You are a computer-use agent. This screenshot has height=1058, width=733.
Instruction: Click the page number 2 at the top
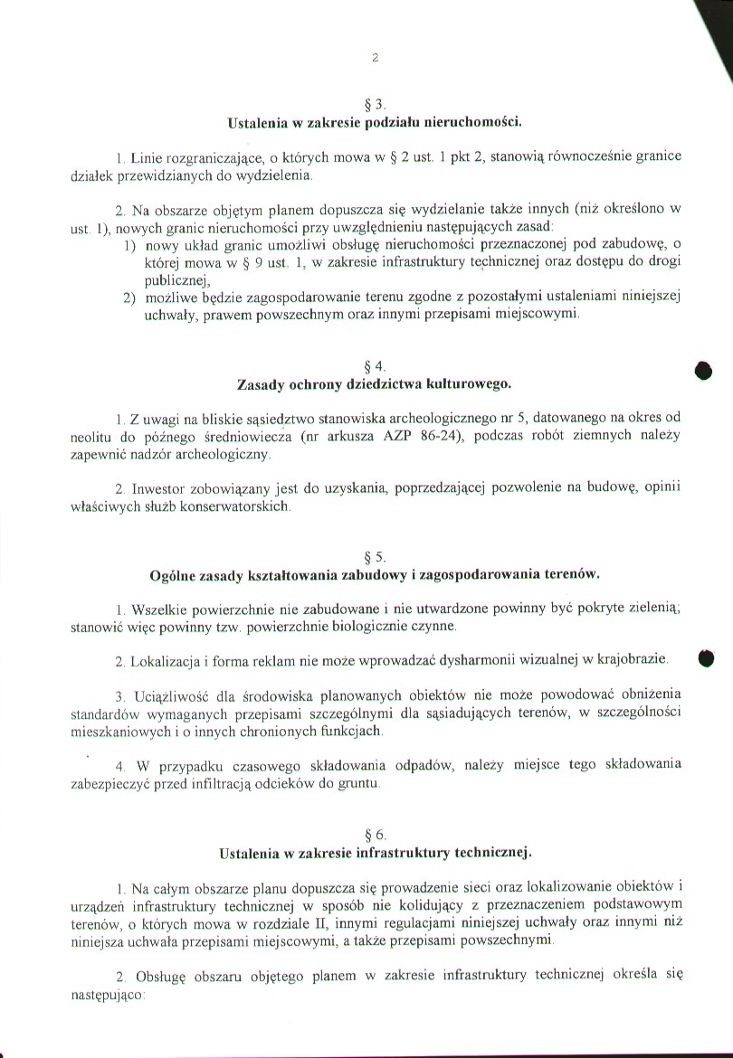coord(375,58)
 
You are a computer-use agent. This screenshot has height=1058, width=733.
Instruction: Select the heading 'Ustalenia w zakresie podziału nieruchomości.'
coord(376,120)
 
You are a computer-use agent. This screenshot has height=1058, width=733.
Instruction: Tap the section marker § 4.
coord(375,366)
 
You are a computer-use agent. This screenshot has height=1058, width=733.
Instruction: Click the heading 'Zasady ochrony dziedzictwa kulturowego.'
coord(375,383)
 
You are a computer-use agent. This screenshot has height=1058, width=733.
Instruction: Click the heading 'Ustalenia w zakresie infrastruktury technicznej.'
coord(376,852)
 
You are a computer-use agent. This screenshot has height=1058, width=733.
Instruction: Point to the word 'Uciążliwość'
coord(172,695)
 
